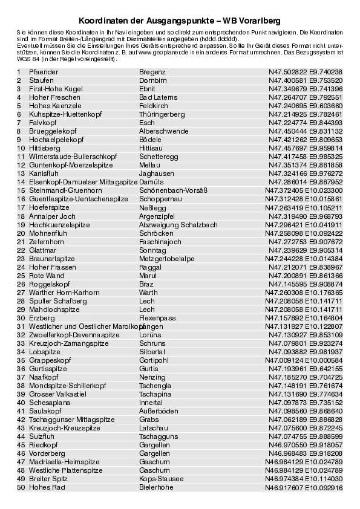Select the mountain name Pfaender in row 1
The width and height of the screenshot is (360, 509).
[44, 72]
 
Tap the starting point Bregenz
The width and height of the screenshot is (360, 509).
[152, 72]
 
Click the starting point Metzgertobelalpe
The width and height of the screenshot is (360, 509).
[167, 258]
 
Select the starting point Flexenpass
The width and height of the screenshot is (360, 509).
[157, 317]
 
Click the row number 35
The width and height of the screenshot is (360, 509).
[20, 360]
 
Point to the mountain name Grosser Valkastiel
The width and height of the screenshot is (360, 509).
[57, 394]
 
